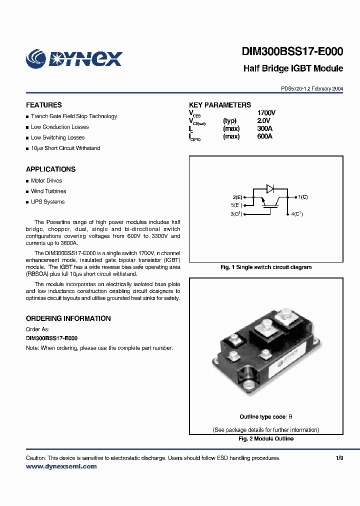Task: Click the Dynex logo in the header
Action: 74,58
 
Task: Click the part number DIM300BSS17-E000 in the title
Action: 292,52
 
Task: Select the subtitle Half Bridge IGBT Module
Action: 293,68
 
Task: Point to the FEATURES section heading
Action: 44,105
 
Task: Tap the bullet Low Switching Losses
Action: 57,137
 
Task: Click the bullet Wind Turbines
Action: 48,191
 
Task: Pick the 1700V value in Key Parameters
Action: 266,113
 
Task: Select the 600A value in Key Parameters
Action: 264,136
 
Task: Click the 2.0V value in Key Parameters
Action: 263,121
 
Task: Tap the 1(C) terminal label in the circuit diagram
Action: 302,197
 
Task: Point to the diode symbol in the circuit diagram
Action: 270,188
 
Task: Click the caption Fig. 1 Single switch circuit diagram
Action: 266,267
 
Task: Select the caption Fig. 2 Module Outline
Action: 266,438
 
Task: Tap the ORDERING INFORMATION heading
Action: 68,318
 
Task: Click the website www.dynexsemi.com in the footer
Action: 61,466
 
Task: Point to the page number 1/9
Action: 339,458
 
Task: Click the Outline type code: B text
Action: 266,416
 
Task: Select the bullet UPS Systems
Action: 47,202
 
